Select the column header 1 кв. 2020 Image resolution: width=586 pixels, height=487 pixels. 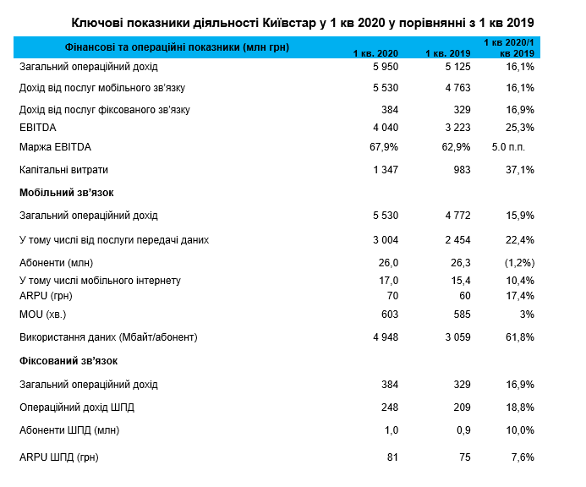click(375, 54)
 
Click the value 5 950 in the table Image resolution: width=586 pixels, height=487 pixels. click(383, 66)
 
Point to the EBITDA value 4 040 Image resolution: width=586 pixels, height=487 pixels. click(383, 128)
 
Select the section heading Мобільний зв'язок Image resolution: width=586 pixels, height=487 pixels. click(66, 193)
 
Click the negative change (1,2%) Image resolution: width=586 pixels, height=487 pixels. click(518, 262)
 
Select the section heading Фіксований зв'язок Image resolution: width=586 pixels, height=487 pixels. click(68, 361)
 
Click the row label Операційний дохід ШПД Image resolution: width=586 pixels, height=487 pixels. click(77, 408)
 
